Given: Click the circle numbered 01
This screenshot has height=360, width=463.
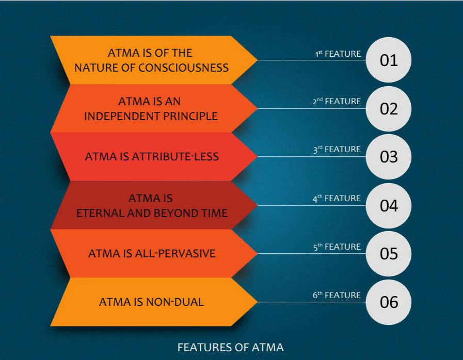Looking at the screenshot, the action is pos(388,60).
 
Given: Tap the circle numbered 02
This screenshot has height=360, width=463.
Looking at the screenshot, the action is pos(388,109).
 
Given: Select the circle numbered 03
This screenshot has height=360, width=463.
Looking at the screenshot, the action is pos(388,157).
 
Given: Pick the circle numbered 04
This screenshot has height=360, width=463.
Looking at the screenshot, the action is pos(388,205).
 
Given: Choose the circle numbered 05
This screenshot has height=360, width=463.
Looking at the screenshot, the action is pos(388,253).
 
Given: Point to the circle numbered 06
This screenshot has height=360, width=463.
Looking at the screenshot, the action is pos(388,302).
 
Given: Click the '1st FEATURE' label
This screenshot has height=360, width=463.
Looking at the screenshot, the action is pos(338,54).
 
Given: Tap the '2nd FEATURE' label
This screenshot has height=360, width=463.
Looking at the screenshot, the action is pos(337,101).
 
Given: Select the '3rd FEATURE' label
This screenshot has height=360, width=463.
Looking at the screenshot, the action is pos(337,149).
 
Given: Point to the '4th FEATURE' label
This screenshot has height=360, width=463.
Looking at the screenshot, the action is pos(337,198).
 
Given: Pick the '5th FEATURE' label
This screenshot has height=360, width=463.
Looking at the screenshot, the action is pos(337,247).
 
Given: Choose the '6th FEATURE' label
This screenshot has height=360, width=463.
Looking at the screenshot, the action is pos(337,295).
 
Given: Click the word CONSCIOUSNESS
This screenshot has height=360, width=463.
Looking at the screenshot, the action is pos(183,68).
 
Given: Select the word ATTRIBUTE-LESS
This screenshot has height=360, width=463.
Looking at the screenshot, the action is pos(175,157).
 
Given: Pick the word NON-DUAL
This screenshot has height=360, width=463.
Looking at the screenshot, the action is pos(175,302).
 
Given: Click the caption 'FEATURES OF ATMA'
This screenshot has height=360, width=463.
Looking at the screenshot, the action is pos(231,347).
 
